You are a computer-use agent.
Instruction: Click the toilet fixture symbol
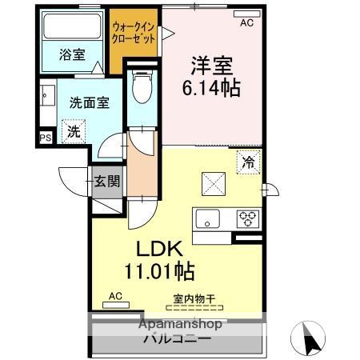142,87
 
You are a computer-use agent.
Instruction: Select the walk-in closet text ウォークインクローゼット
134,33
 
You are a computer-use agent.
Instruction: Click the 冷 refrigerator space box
249,162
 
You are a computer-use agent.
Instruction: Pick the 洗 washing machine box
72,131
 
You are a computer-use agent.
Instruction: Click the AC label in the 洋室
246,23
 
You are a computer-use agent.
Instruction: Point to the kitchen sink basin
210,218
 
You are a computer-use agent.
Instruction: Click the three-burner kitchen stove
246,218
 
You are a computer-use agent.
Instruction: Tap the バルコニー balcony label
177,338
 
